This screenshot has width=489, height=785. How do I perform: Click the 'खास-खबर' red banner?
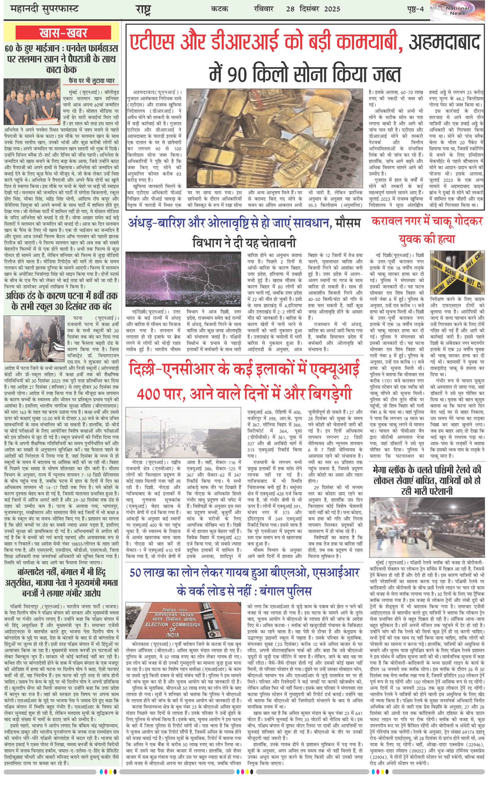click(x=63, y=33)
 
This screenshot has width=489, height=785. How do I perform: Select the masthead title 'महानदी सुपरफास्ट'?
click(x=44, y=9)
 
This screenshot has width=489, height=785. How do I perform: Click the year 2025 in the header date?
click(x=332, y=9)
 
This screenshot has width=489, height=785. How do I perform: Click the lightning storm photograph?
click(x=183, y=279)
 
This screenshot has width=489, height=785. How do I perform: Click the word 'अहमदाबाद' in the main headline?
click(x=444, y=41)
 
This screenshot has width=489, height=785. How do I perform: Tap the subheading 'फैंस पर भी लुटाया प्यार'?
click(x=92, y=80)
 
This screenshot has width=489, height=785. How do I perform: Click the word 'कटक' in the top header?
click(x=219, y=9)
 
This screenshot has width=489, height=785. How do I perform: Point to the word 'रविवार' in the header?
click(x=264, y=9)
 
